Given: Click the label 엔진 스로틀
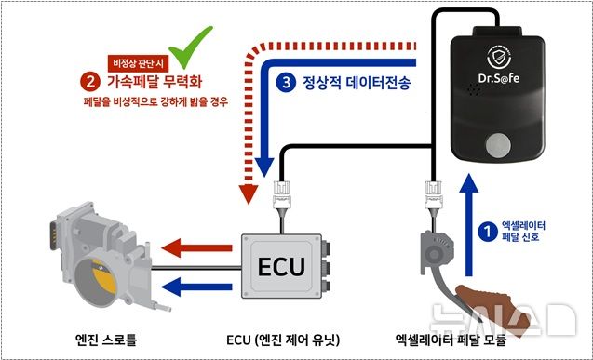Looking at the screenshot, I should pyautogui.click(x=108, y=339).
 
